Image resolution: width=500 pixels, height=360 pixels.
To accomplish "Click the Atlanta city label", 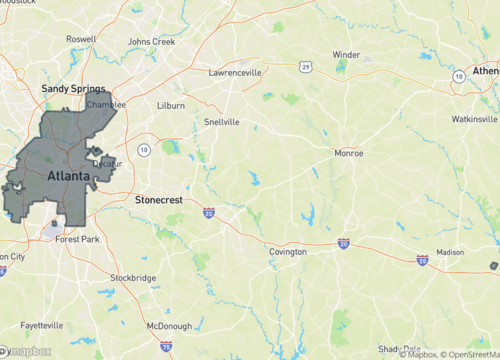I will point(68,177).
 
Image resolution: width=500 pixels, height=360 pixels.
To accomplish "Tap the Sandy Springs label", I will point(73,89).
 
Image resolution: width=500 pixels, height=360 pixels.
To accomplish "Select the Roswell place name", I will point(81,39).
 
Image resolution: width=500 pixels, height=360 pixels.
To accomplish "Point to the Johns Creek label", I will point(151,42).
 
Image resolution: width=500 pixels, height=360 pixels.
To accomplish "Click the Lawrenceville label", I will point(235,73).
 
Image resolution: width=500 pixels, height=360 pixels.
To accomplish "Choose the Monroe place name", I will point(348,153).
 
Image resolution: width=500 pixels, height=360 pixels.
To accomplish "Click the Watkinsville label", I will point(473,119).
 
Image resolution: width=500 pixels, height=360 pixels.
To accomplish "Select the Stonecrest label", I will point(159,200).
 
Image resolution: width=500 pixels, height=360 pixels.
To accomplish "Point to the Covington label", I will point(288,252).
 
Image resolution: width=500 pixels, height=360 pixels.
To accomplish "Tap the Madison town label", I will point(450,253).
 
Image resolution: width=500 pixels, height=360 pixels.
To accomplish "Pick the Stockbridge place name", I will point(132,277).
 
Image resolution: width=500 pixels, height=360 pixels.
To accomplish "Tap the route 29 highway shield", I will point(305,67).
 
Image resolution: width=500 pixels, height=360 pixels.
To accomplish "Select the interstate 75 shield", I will point(165,345).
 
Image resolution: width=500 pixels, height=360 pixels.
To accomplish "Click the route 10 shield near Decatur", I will point(144,150).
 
